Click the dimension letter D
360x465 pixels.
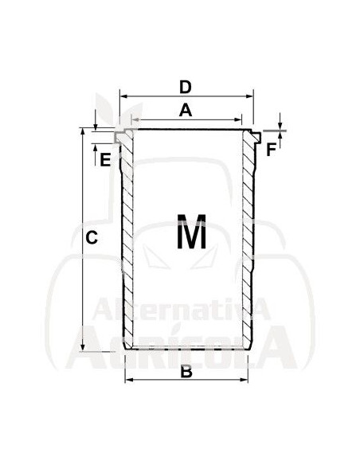(x=186, y=88)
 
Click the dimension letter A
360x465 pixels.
(x=186, y=111)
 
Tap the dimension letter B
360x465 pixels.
(x=186, y=372)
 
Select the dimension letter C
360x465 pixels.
(x=92, y=237)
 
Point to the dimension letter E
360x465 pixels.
(x=105, y=160)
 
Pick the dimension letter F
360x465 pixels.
(x=271, y=150)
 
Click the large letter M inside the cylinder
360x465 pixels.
(x=191, y=232)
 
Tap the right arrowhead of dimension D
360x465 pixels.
(x=249, y=96)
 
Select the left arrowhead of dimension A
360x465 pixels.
(x=135, y=119)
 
